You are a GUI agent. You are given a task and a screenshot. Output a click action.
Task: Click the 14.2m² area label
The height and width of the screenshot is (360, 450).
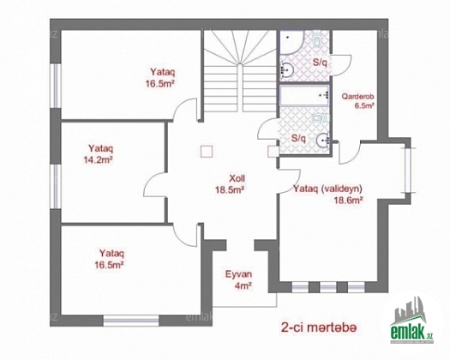(x=98, y=160)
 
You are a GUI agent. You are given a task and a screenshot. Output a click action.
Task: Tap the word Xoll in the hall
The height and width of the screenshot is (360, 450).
(x=237, y=178)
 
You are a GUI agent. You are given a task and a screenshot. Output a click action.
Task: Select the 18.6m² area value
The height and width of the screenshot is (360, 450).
(x=348, y=200)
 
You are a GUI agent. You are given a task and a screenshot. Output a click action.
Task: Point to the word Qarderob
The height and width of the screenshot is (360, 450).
(x=357, y=96)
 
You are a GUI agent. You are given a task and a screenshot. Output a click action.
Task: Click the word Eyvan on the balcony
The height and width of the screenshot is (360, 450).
(x=239, y=274)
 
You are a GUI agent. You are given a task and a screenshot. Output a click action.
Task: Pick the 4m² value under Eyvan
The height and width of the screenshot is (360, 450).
(x=243, y=285)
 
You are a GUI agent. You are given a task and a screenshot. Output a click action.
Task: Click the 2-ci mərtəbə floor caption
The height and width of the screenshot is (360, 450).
(x=319, y=327)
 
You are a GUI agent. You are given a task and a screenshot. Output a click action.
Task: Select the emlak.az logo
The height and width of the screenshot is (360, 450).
(x=411, y=321)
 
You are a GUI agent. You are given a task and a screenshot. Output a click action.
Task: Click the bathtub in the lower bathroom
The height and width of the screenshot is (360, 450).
(x=304, y=95)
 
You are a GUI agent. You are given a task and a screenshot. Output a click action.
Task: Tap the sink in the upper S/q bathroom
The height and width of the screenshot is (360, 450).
(x=286, y=69)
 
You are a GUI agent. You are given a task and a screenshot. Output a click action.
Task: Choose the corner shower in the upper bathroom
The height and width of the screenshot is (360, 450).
(x=291, y=42)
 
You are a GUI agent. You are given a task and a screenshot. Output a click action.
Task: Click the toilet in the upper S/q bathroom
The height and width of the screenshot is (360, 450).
(x=317, y=40)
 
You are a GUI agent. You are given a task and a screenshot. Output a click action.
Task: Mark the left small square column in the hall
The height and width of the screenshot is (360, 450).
(x=207, y=152)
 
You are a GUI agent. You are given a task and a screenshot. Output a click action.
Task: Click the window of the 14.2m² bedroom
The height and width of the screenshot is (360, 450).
(x=56, y=186)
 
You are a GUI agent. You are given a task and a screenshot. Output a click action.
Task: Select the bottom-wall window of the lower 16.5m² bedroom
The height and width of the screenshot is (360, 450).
(x=131, y=321)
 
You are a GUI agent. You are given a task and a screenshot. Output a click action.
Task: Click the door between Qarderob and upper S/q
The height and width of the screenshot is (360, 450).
(x=340, y=65)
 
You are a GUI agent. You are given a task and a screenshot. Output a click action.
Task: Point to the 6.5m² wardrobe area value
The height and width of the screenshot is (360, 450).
(x=364, y=105)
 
